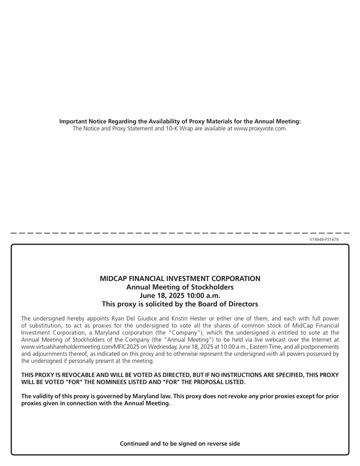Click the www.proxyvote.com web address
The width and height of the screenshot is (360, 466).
[260, 129]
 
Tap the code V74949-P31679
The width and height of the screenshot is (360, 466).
[324, 239]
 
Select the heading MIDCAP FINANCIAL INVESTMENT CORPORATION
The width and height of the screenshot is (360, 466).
[180, 279]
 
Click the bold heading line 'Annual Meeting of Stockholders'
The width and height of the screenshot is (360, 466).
[180, 287]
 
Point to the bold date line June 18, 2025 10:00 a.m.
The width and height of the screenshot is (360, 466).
[180, 295]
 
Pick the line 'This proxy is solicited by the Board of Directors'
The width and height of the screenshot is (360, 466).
[180, 304]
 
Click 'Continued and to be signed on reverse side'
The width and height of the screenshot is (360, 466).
[180, 444]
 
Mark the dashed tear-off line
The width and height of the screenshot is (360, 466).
[180, 232]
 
